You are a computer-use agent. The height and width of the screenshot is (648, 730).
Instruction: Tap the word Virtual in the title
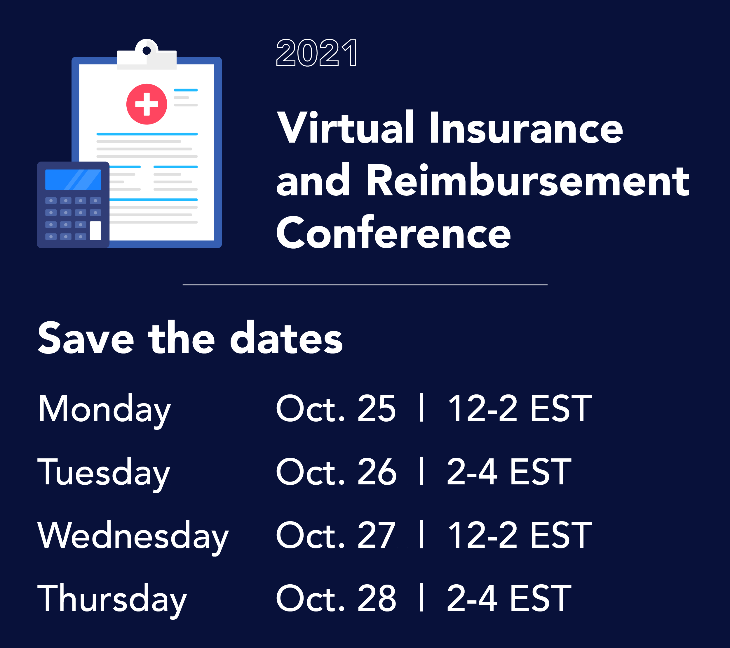(345, 128)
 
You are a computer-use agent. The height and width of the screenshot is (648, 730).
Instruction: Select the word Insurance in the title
(526, 128)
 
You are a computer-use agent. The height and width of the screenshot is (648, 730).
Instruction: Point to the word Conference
(393, 233)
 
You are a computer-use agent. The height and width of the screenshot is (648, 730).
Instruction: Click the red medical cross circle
(147, 104)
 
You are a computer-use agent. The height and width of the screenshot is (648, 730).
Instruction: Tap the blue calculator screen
(73, 179)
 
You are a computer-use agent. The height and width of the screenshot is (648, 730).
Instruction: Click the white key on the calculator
(95, 231)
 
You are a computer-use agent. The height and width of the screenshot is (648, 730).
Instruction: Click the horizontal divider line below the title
(365, 285)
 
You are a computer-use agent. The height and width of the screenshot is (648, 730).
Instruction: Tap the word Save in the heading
(86, 339)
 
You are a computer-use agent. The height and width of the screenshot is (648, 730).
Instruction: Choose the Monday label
(104, 409)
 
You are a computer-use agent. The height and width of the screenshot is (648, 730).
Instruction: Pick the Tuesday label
(104, 472)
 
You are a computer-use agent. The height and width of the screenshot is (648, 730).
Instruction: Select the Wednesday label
(133, 536)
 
